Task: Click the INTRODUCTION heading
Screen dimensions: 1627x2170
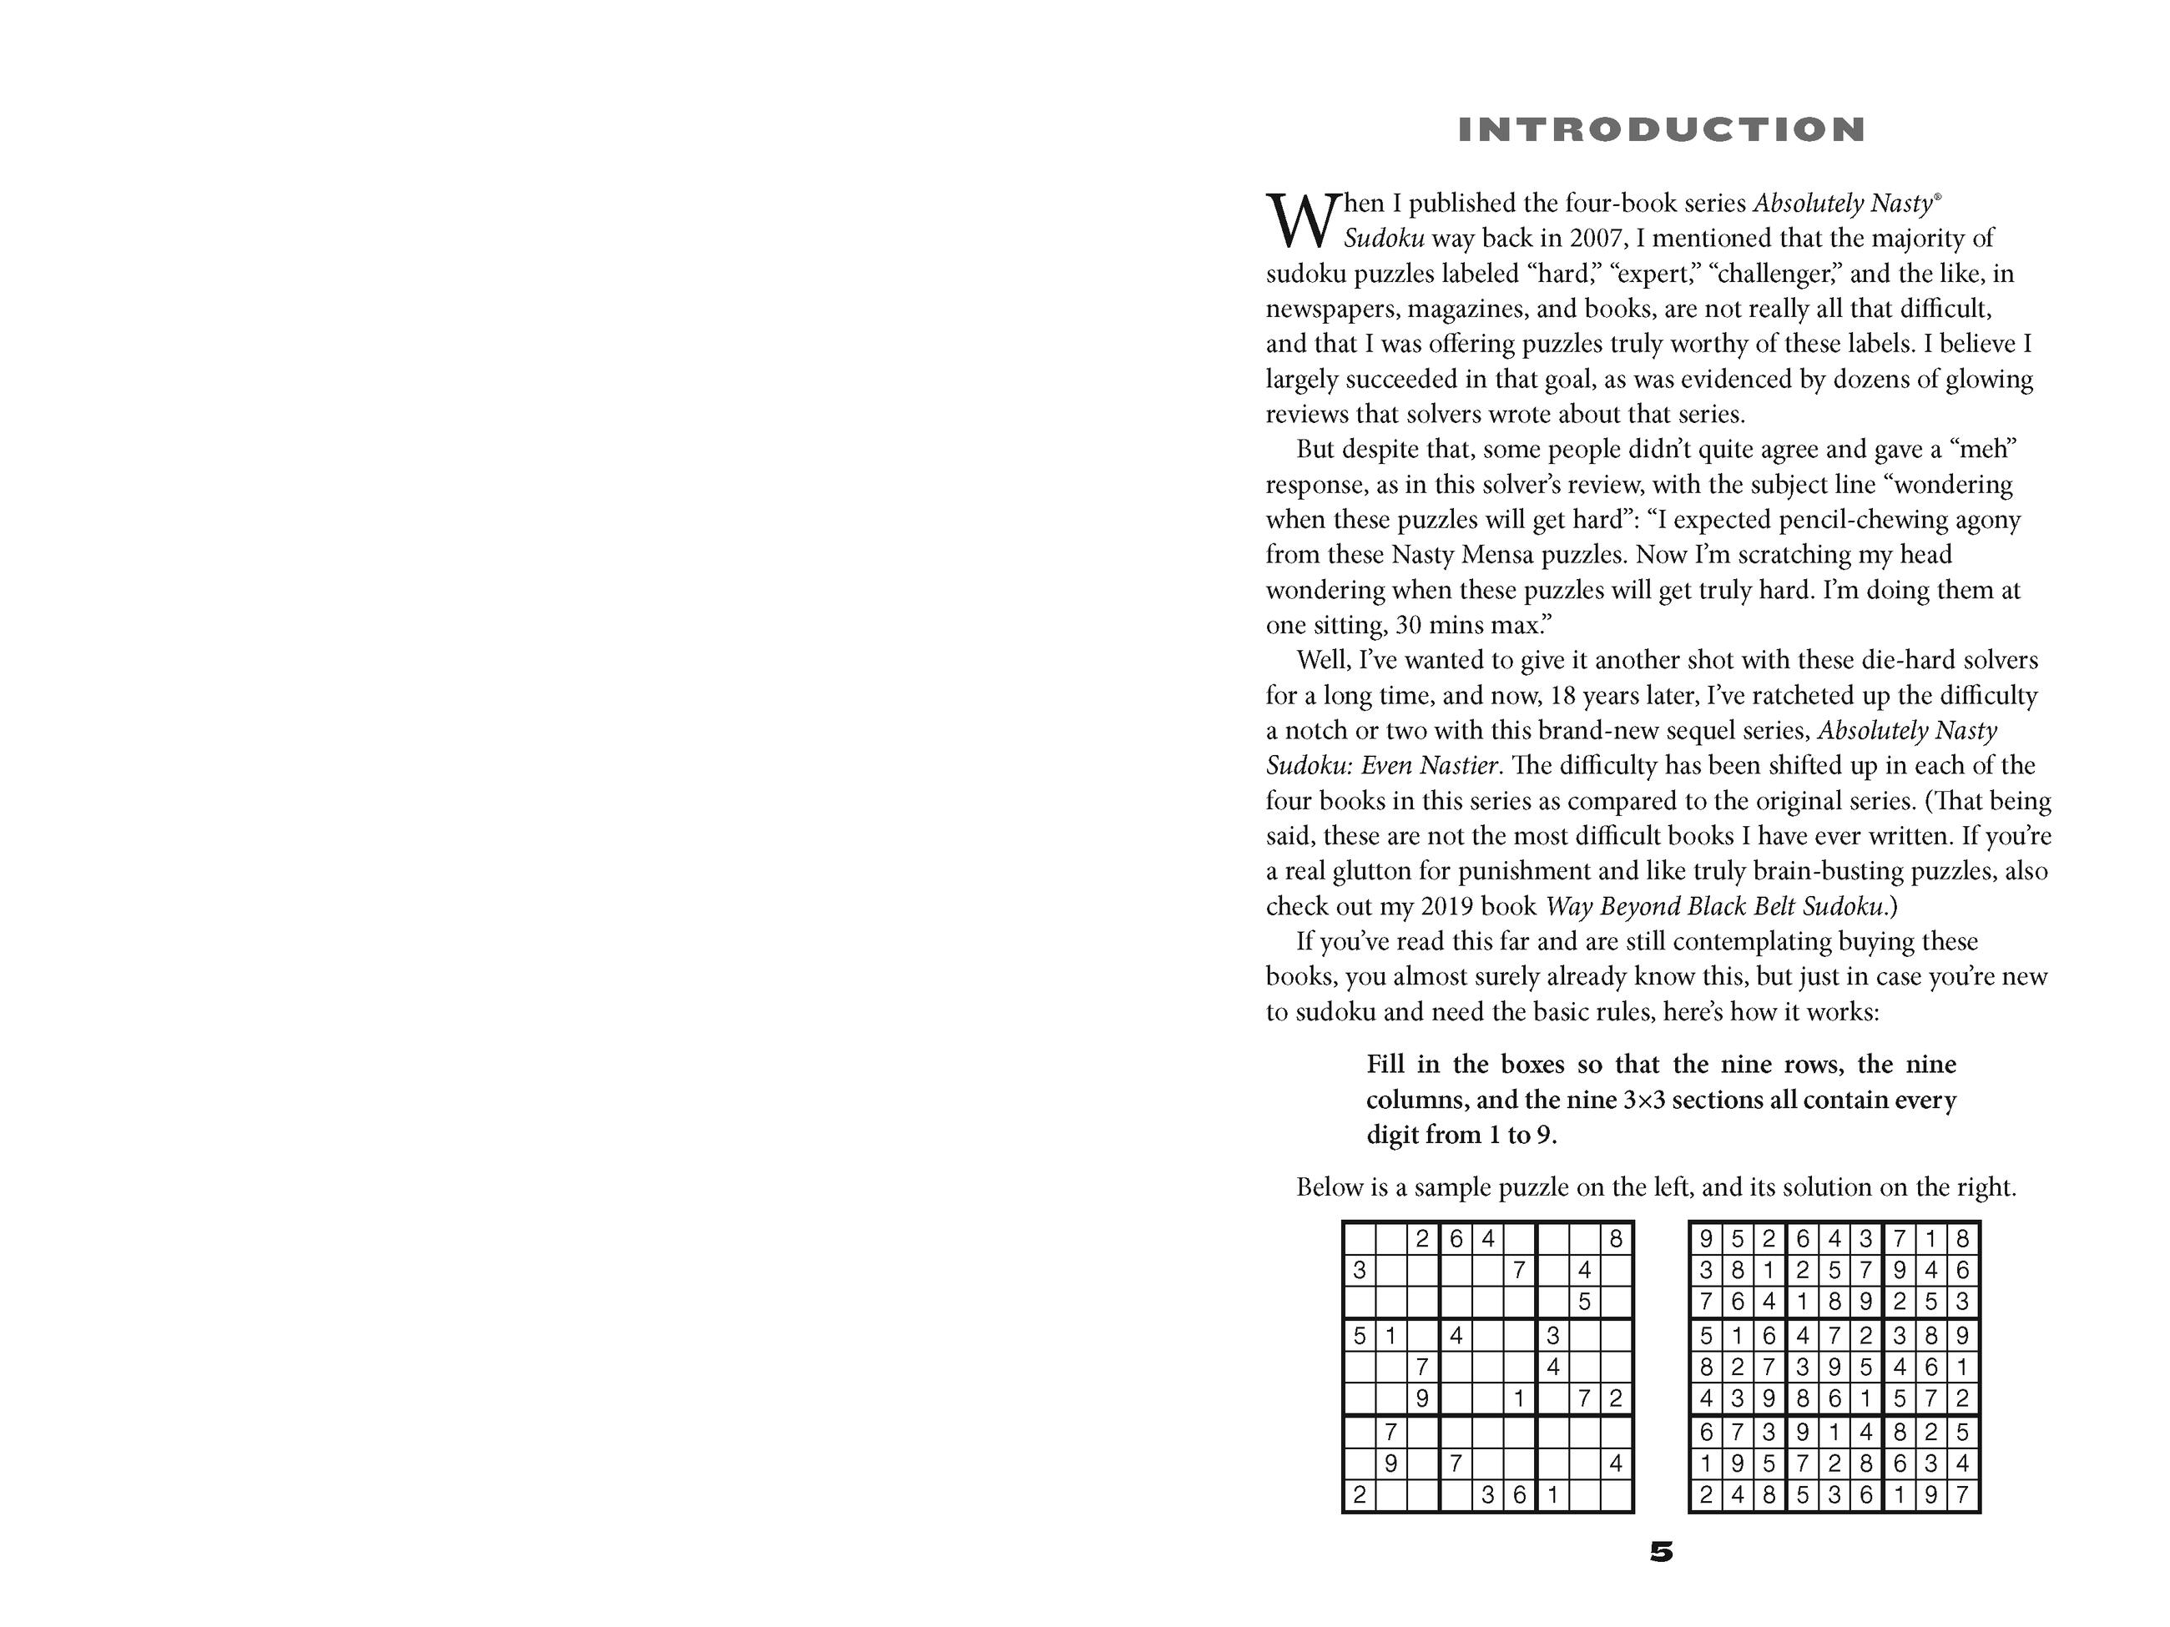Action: click(1661, 130)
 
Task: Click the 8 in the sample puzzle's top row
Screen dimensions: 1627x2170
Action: click(1616, 1240)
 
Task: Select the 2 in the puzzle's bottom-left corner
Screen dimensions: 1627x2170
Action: click(1360, 1495)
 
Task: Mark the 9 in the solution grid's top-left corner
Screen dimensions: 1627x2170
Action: click(1706, 1240)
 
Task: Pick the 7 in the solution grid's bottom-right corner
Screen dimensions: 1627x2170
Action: click(1962, 1495)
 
